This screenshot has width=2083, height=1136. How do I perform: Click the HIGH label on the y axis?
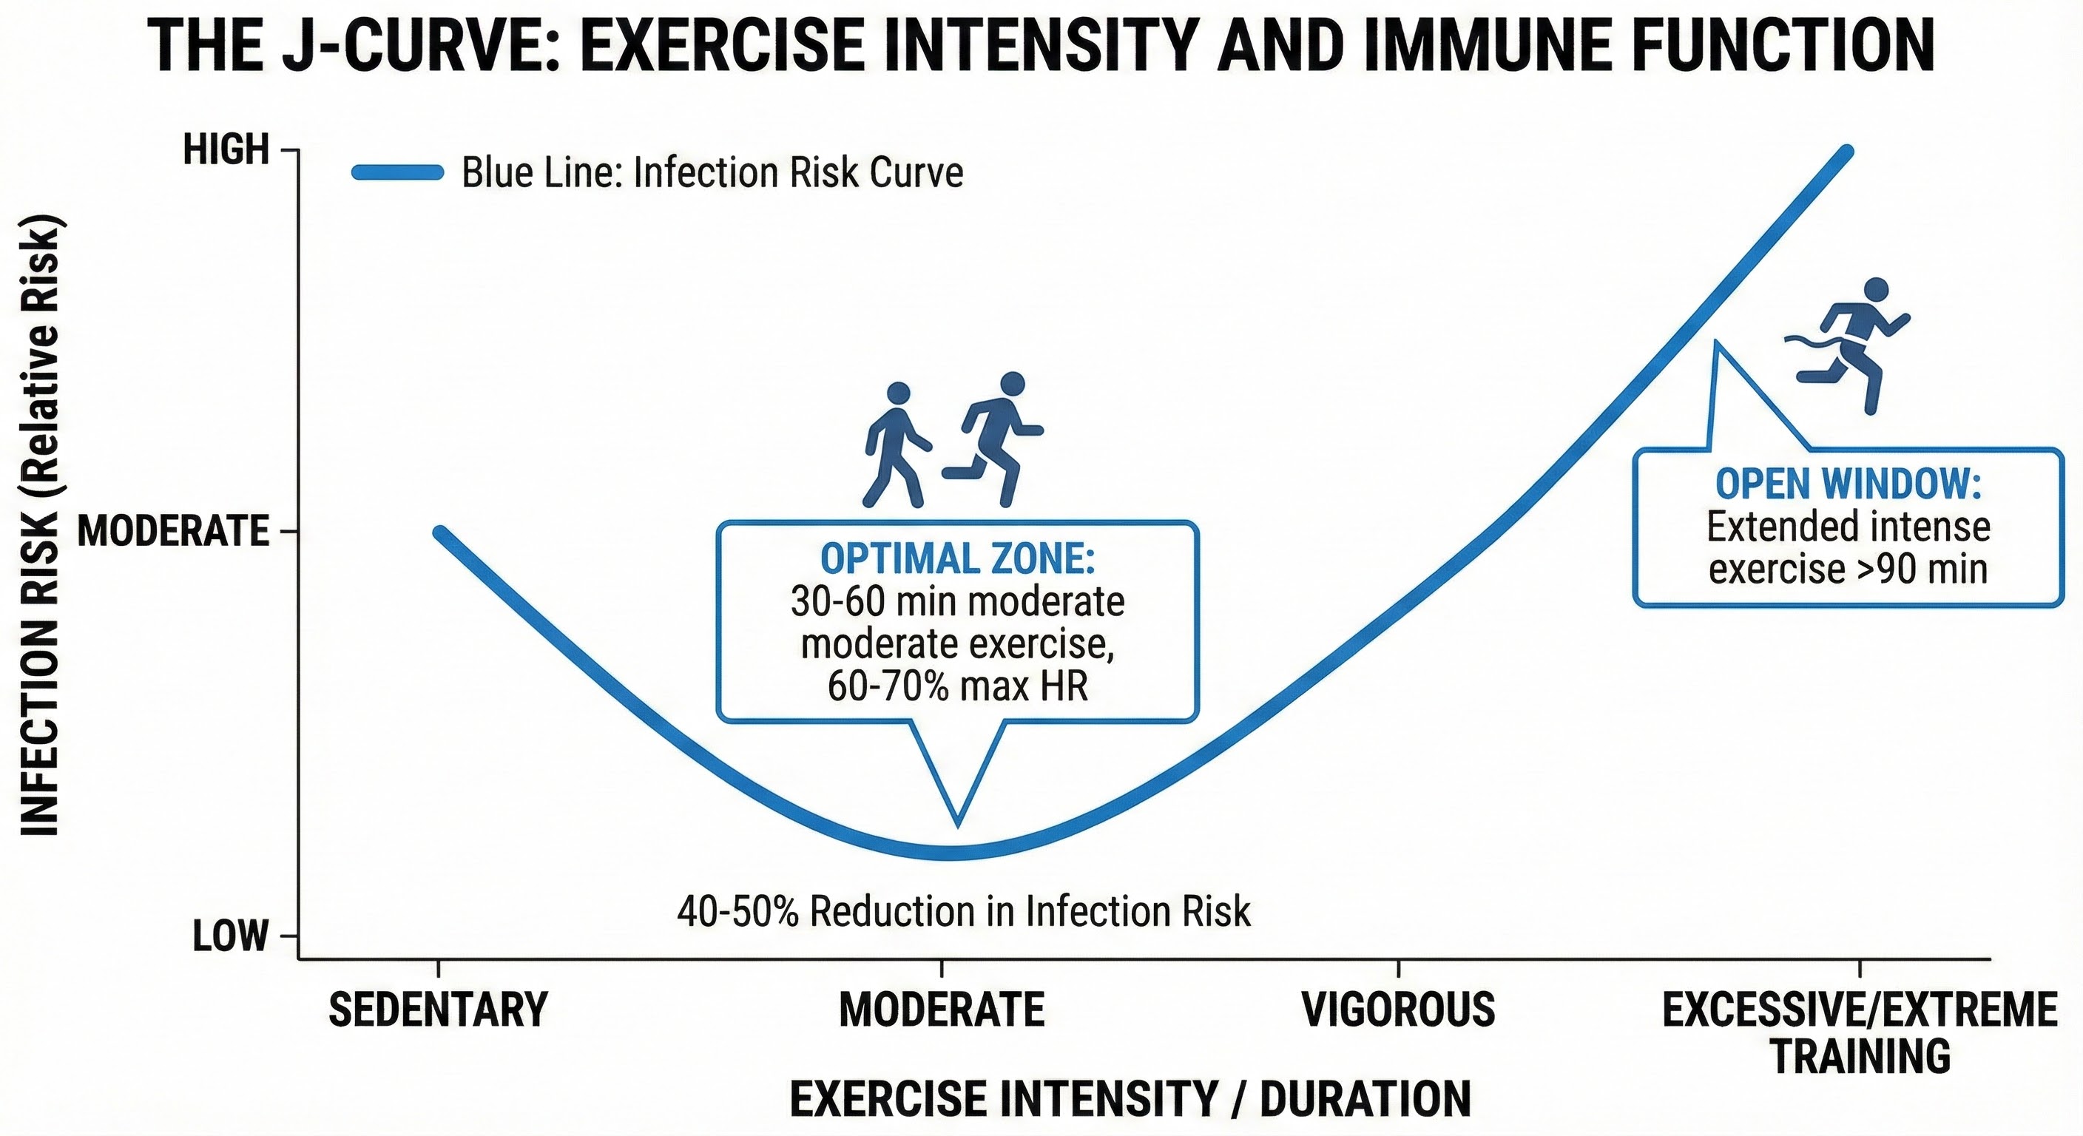(x=226, y=150)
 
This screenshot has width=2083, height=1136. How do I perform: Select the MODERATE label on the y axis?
(x=173, y=531)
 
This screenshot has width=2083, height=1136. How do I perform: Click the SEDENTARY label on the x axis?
(x=437, y=1010)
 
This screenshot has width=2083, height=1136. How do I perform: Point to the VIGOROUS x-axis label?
(x=1398, y=1010)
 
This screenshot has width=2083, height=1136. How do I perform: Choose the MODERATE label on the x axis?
(x=942, y=1010)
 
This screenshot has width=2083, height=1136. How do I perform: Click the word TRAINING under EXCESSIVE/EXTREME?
(x=1860, y=1056)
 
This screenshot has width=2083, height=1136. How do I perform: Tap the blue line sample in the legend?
(x=398, y=172)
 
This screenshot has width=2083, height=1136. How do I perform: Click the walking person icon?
(x=896, y=445)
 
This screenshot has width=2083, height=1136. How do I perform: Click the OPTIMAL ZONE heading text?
(x=957, y=558)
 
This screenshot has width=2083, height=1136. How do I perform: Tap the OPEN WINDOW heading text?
(x=1848, y=484)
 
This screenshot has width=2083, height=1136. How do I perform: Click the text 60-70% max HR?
(x=957, y=686)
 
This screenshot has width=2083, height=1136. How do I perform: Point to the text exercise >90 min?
(x=1848, y=569)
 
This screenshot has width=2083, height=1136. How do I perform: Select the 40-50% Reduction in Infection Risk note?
(x=963, y=912)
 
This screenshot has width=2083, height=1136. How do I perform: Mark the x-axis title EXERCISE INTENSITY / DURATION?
(x=1130, y=1100)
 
